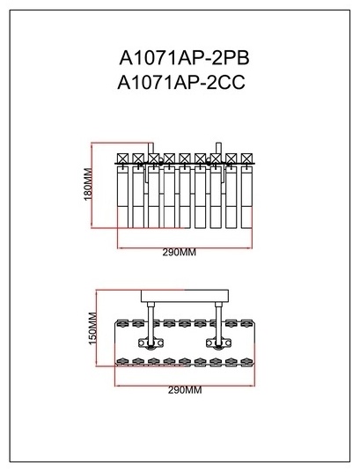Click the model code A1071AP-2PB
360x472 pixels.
pyautogui.click(x=184, y=57)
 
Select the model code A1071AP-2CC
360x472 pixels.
pyautogui.click(x=181, y=82)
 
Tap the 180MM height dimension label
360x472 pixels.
pyautogui.click(x=88, y=184)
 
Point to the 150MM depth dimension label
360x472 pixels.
pyautogui.click(x=93, y=328)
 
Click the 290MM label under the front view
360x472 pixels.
pyautogui.click(x=179, y=252)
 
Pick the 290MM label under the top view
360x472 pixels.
pyautogui.click(x=185, y=390)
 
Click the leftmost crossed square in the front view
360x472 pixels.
pyautogui.click(x=123, y=159)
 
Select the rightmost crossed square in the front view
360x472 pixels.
pyautogui.click(x=246, y=159)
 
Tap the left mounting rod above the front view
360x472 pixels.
pyautogui.click(x=151, y=148)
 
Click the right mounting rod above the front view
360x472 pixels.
pyautogui.click(x=219, y=148)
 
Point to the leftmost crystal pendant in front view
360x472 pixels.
pyautogui.click(x=123, y=197)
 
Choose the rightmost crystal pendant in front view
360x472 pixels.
pyautogui.click(x=246, y=197)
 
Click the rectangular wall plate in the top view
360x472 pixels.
pyautogui.click(x=185, y=296)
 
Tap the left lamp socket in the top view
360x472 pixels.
pyautogui.click(x=151, y=343)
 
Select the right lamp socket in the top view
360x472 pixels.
pyautogui.click(x=219, y=343)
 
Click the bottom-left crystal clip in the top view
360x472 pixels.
pyautogui.click(x=122, y=361)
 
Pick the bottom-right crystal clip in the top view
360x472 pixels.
pyautogui.click(x=246, y=361)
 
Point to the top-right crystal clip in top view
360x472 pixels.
pyautogui.click(x=246, y=323)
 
